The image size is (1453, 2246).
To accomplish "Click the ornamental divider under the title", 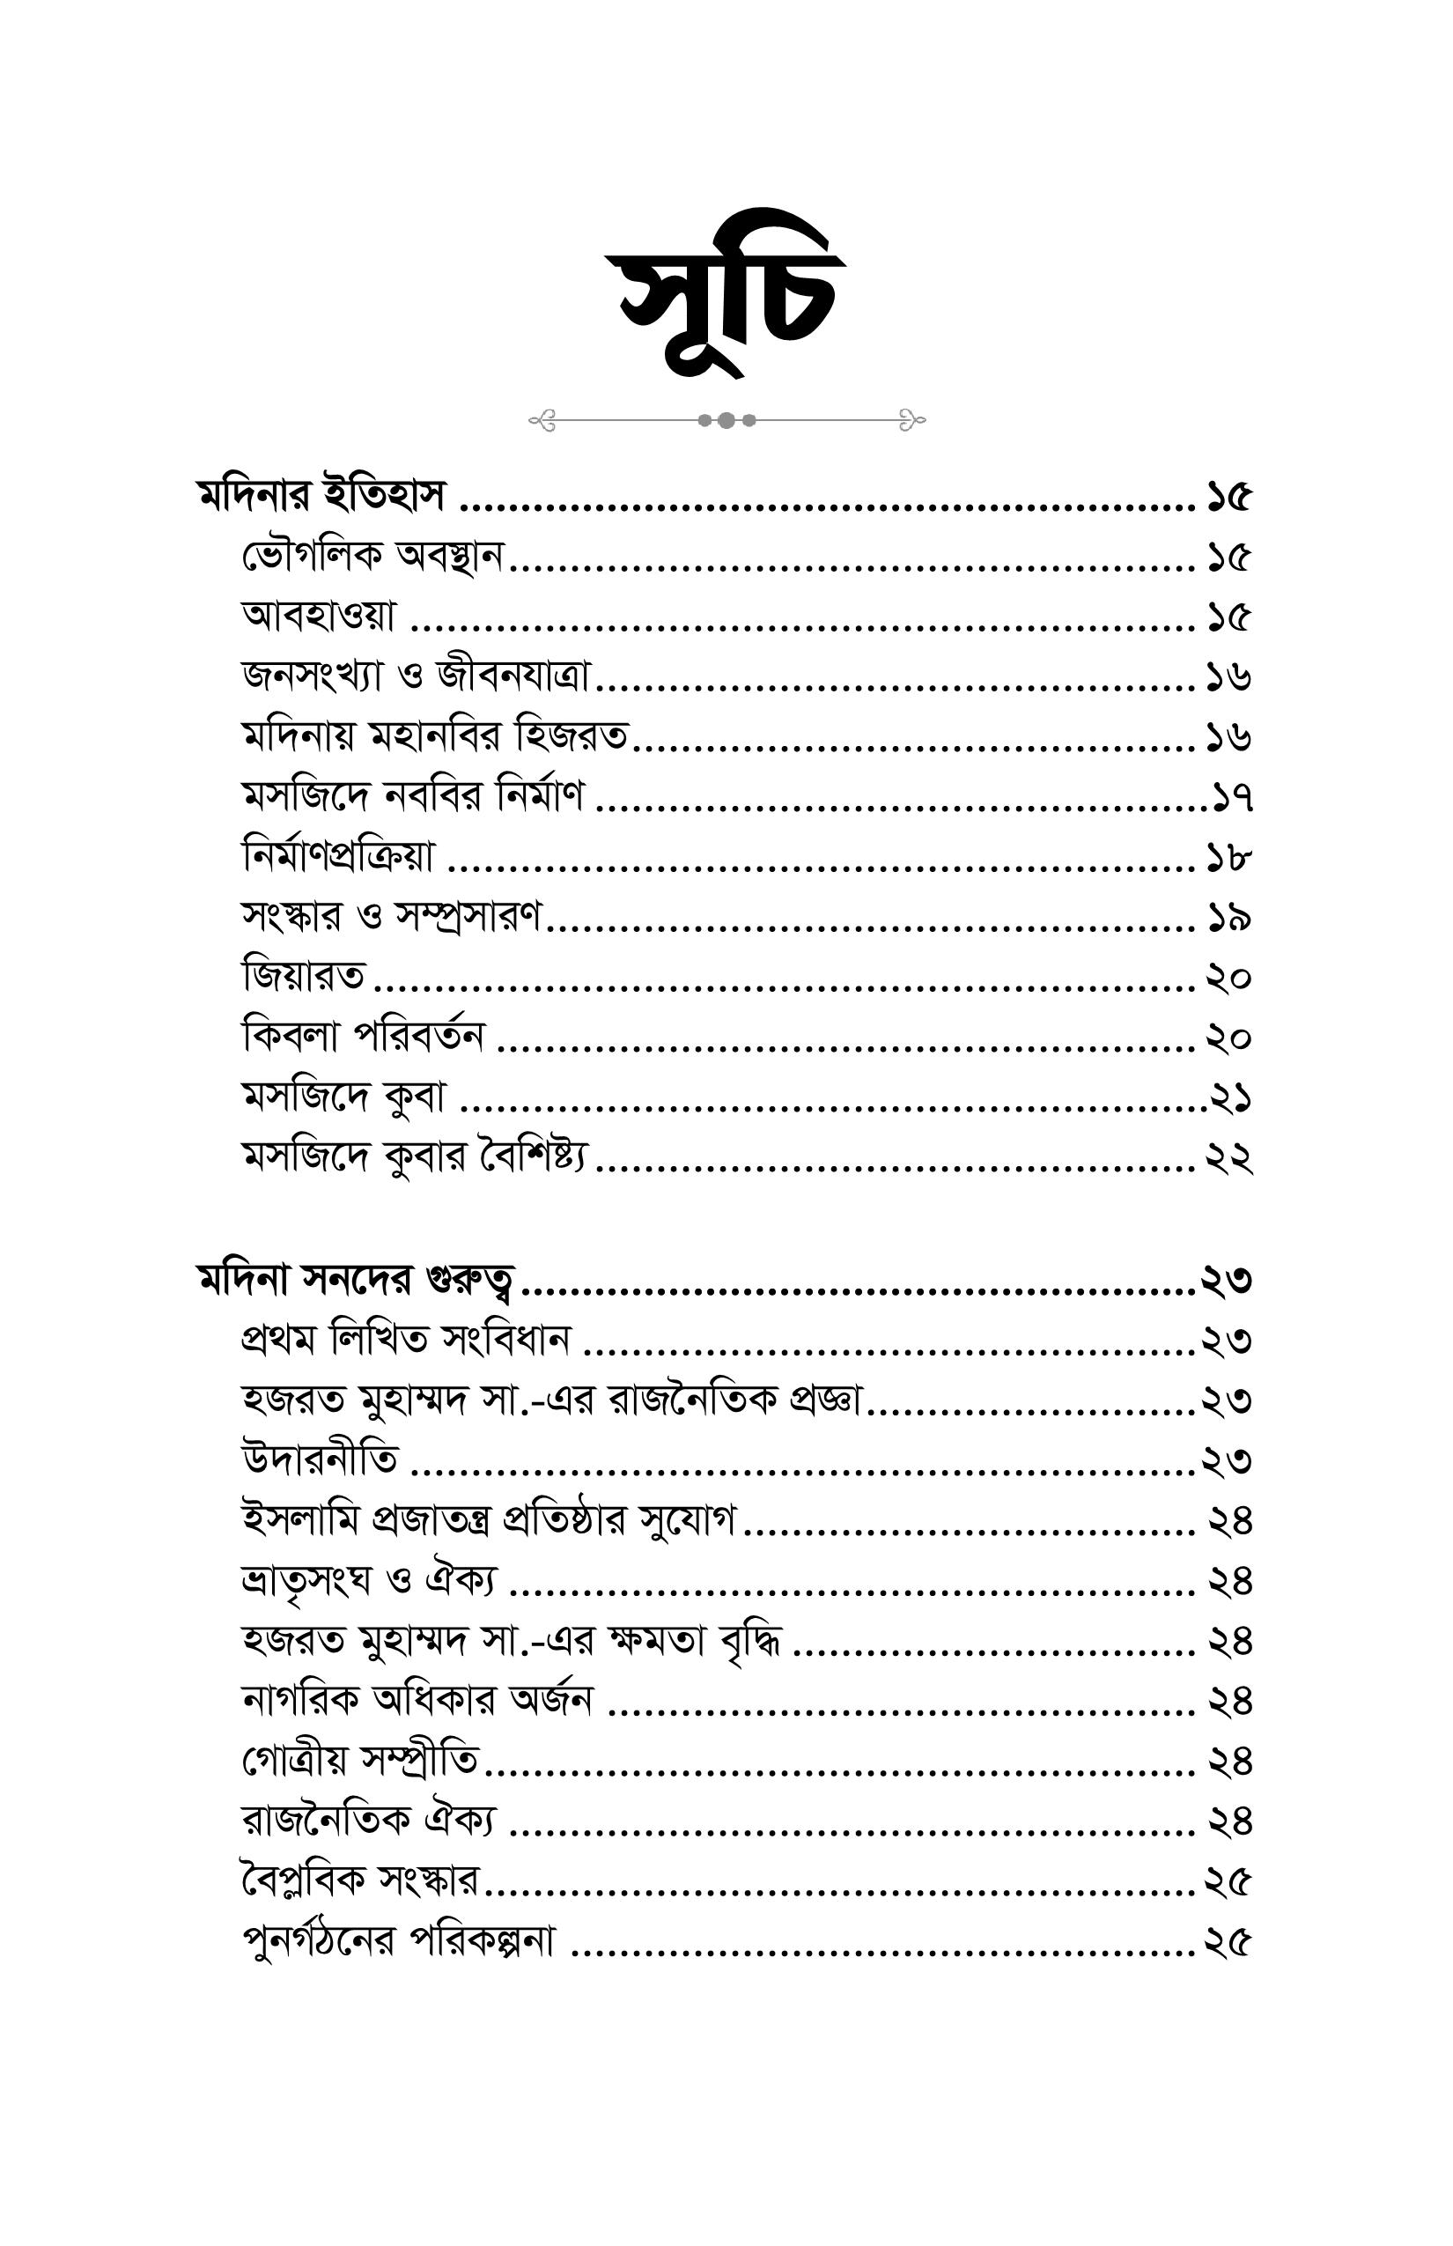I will click(x=726, y=420).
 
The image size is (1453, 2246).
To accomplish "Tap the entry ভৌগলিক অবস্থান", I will click(x=372, y=558).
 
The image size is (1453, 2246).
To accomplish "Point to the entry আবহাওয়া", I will click(x=319, y=617).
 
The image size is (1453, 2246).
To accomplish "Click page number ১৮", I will click(x=1228, y=859).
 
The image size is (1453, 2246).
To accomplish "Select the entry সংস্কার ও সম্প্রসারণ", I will click(x=392, y=916).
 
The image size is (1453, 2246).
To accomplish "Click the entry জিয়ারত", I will click(x=303, y=977).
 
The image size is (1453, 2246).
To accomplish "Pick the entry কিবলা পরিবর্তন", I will click(x=363, y=1038).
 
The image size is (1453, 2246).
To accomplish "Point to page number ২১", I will click(x=1231, y=1098).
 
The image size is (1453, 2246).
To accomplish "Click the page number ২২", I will click(x=1228, y=1158).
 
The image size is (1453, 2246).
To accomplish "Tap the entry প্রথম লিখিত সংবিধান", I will click(x=406, y=1340).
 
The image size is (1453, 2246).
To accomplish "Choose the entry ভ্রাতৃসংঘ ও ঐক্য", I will click(x=369, y=1581).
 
